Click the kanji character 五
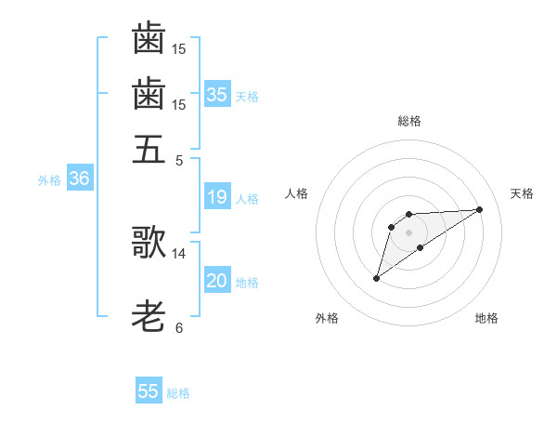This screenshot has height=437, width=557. tap(149, 149)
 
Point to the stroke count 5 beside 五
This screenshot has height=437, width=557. tap(179, 160)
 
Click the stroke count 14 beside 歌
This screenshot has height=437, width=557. tap(179, 253)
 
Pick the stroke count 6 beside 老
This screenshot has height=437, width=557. tap(179, 328)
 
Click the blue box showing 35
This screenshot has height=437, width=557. tap(217, 94)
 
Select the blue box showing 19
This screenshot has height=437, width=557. tap(217, 197)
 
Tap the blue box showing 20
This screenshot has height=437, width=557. tap(217, 282)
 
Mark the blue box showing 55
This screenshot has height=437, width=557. tap(149, 391)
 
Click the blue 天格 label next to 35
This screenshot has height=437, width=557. tap(247, 96)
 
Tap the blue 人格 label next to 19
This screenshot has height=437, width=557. tap(247, 198)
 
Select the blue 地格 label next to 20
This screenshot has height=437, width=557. tap(247, 283)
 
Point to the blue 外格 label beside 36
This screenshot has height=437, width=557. tap(49, 180)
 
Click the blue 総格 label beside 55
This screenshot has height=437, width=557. tap(178, 392)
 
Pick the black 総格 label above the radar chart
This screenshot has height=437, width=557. tap(409, 121)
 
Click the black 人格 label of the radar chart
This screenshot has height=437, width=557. tap(297, 193)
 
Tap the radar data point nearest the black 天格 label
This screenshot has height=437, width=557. tap(480, 208)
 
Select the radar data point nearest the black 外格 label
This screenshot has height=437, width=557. tap(376, 278)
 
